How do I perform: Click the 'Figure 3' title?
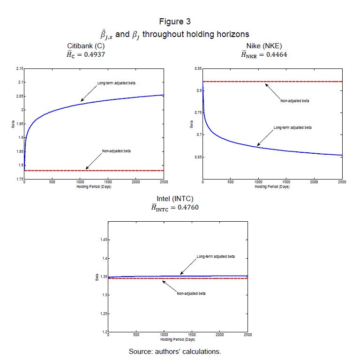click(175, 22)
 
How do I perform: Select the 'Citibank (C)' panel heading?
click(86, 45)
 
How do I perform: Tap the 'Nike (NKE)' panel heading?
click(264, 45)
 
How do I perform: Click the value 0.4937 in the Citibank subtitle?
click(97, 54)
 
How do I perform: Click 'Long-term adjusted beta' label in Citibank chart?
click(116, 83)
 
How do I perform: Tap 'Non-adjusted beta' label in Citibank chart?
click(116, 151)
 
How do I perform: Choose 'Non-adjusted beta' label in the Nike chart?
click(295, 101)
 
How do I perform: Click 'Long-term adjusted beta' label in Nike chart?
click(292, 127)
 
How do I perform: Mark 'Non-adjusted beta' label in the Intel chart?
click(191, 293)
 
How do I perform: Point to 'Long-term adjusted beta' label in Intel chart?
click(216, 257)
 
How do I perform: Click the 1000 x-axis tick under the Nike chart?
click(258, 182)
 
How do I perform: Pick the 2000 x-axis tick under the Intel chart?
click(219, 335)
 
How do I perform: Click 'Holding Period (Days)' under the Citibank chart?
click(93, 186)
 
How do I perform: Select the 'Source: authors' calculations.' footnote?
click(175, 351)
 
